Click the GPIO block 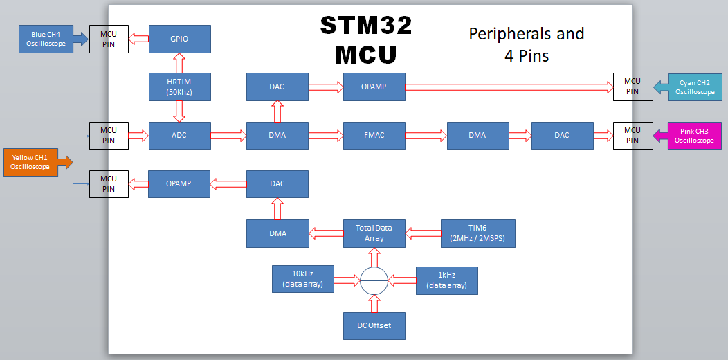(179, 39)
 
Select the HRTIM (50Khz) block (179, 87)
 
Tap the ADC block (179, 135)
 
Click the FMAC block (374, 135)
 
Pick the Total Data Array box (374, 233)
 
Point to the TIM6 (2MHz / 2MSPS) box (478, 233)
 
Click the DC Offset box (374, 325)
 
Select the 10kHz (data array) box (303, 279)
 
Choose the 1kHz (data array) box (446, 280)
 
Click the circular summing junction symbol (374, 280)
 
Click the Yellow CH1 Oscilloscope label (33, 162)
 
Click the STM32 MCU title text (367, 39)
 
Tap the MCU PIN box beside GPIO (109, 39)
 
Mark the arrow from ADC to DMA (228, 135)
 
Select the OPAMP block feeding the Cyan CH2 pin (374, 87)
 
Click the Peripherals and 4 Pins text (527, 44)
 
